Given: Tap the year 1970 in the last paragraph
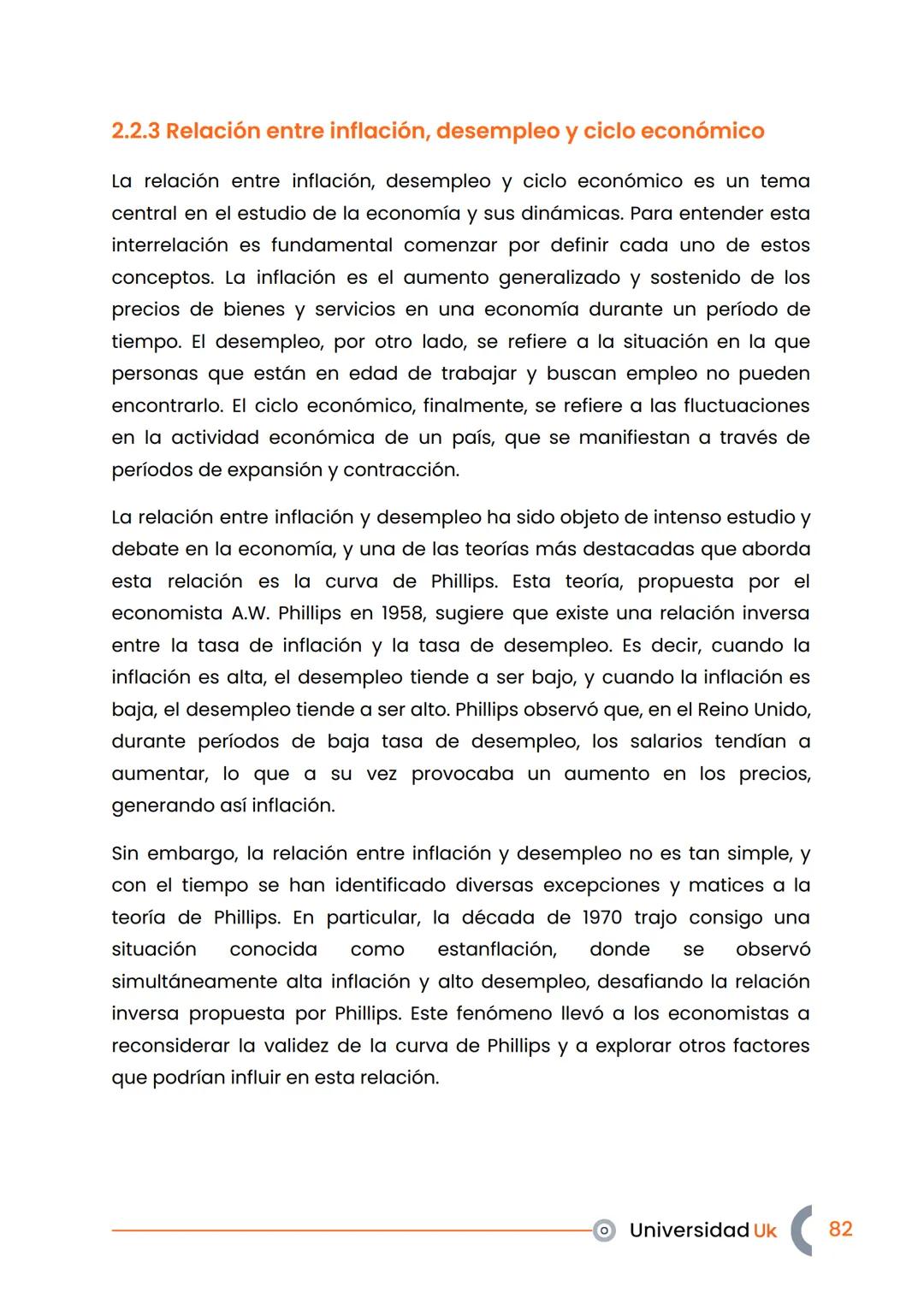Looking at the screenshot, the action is point(602,918).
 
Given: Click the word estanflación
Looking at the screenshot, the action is point(496,949).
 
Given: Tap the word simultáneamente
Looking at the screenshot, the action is point(194,982).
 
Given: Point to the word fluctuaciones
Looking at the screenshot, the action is point(746,405).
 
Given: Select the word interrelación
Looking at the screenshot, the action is point(169,245).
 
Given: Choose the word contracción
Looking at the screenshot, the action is point(401,469).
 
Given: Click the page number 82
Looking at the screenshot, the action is point(840,1229).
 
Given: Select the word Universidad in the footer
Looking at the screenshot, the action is point(689,1230).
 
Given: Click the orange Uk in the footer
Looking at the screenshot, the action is point(765,1230).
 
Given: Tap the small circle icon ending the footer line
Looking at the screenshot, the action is point(604,1230).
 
